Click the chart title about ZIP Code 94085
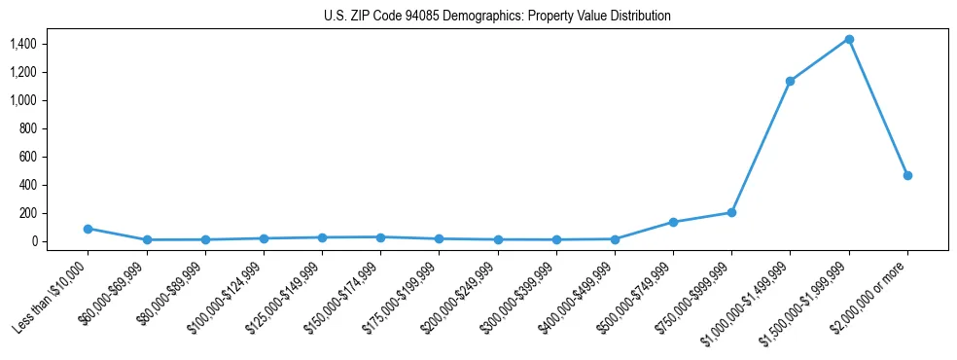[497, 17]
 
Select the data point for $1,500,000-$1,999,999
[849, 39]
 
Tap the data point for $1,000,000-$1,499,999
[791, 81]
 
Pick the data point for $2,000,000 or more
[907, 175]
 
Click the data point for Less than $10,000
[88, 229]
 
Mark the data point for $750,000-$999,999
[731, 212]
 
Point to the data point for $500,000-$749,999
[673, 222]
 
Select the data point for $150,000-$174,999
[380, 237]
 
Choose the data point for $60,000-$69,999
[146, 239]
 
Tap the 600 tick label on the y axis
[26, 157]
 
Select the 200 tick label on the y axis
[26, 213]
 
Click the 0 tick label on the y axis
[33, 241]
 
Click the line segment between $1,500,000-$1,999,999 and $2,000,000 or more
[878, 107]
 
